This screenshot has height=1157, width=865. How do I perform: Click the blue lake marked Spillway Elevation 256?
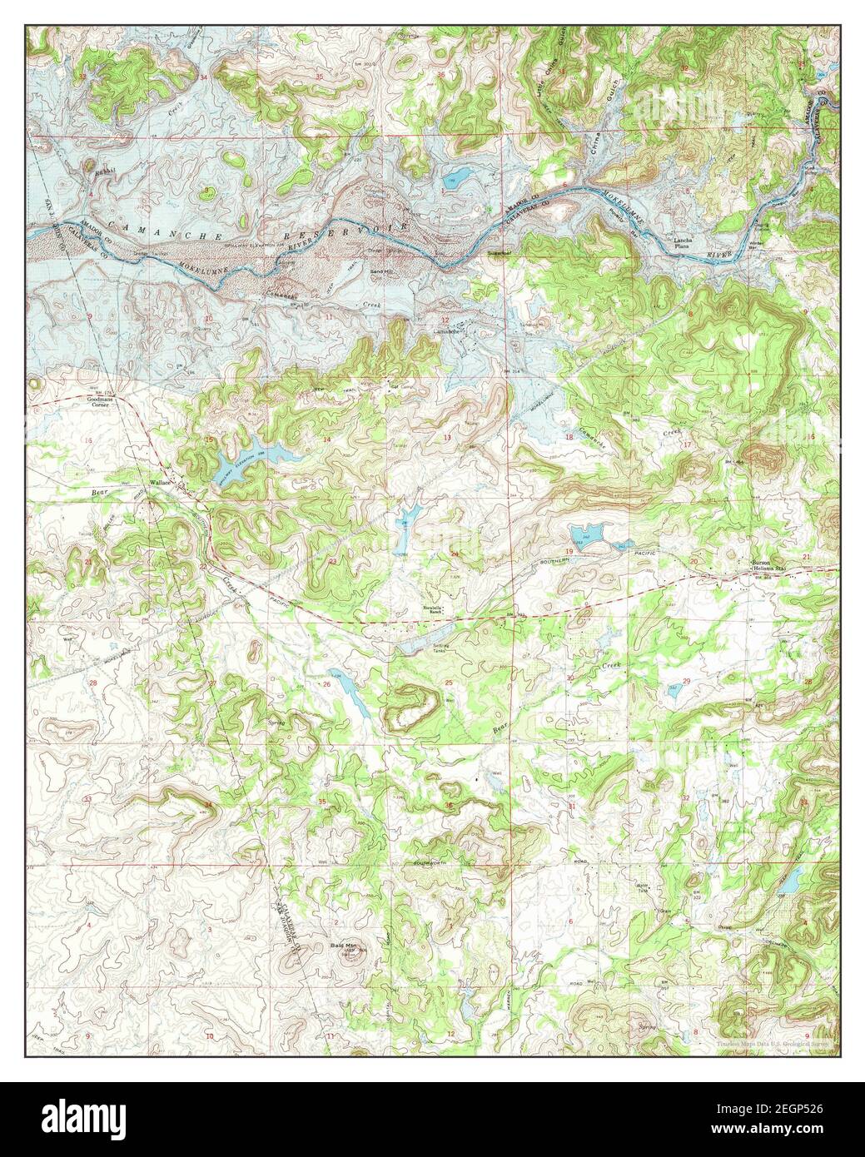point(250,467)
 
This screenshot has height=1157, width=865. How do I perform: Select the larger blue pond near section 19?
point(588,535)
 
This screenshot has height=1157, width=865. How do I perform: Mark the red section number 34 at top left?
point(204,77)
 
